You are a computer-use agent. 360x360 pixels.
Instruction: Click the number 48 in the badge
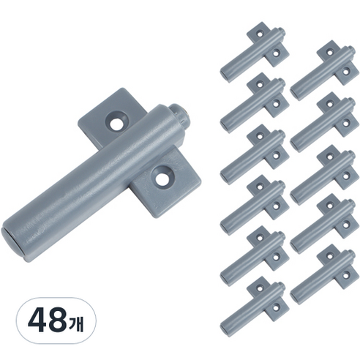click(x=47, y=320)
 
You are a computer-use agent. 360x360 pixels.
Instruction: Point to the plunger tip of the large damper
click(x=179, y=112)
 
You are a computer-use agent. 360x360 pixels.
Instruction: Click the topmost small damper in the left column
click(x=254, y=52)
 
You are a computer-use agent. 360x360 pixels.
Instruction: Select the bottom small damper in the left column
click(x=254, y=307)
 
